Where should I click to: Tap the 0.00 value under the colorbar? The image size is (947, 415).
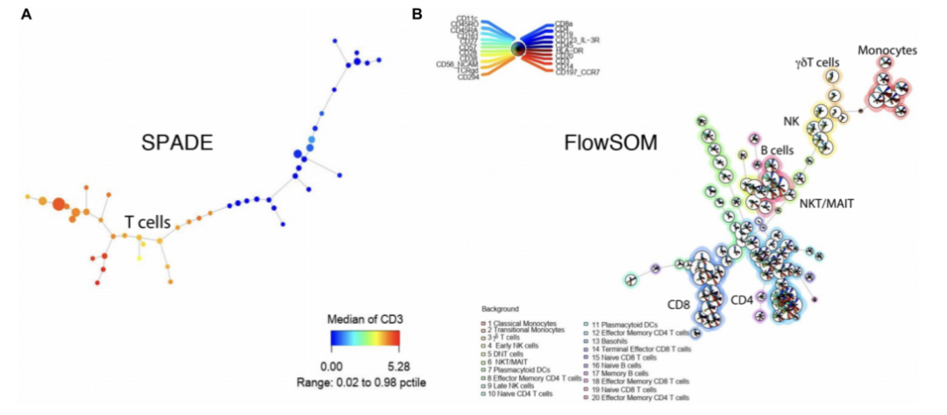tap(331, 364)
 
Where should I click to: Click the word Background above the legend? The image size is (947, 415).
tap(500, 309)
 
